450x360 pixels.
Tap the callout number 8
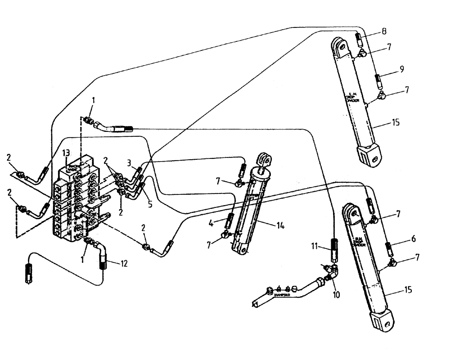tap(383, 31)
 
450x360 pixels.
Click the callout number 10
tap(337, 295)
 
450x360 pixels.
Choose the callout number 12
tap(123, 264)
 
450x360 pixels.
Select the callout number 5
tap(150, 204)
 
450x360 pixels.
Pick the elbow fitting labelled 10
tap(334, 271)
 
